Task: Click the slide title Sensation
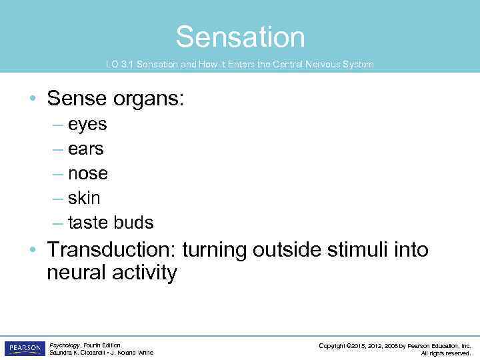(240, 37)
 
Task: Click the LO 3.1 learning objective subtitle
(240, 65)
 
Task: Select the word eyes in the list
(87, 125)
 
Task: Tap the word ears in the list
(86, 149)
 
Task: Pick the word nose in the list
(88, 173)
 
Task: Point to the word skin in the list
(84, 198)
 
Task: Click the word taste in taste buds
(88, 223)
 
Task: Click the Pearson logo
(24, 349)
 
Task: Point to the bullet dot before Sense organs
(33, 100)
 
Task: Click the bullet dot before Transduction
(33, 251)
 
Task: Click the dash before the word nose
(57, 174)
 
